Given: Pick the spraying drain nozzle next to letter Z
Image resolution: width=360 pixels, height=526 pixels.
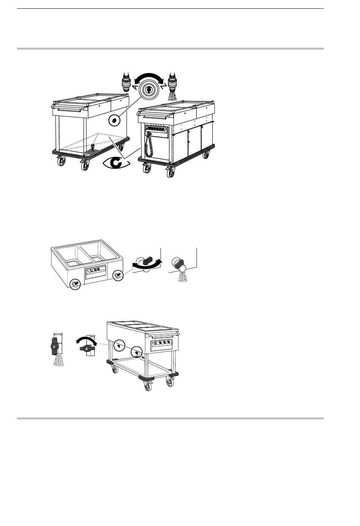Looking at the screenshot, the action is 173,86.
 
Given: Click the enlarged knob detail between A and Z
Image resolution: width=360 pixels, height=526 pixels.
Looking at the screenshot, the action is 149,89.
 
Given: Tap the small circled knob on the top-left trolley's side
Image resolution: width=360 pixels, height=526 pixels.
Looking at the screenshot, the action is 114,121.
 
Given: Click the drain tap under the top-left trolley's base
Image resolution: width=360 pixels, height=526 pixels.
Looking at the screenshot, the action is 92,148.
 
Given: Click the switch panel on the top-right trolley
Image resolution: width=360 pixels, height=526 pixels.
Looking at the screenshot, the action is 157,130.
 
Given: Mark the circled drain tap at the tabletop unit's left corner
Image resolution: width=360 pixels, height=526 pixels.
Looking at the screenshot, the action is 75,283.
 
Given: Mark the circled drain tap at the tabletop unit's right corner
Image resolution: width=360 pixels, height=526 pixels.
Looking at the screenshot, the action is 118,275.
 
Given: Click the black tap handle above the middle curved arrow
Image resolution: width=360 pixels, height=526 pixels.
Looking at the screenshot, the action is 148,260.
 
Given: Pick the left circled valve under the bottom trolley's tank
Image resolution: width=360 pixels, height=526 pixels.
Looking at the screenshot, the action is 119,345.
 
